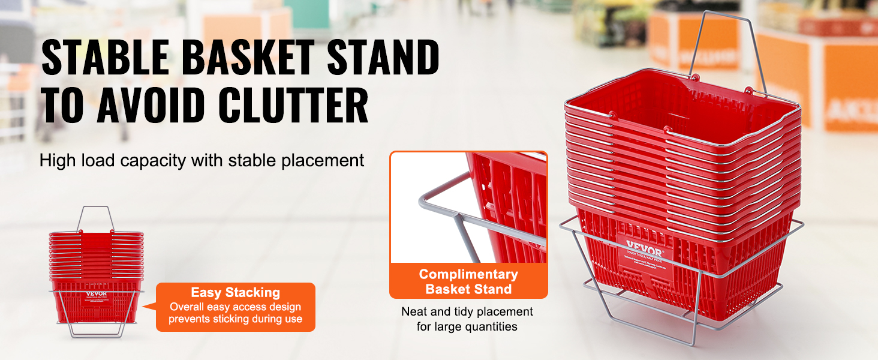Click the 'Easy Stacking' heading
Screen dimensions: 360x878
[235, 293]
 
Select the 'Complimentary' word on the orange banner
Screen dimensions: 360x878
[468, 275]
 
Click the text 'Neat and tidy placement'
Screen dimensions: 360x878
[468, 312]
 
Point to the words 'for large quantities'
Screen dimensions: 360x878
[468, 327]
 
